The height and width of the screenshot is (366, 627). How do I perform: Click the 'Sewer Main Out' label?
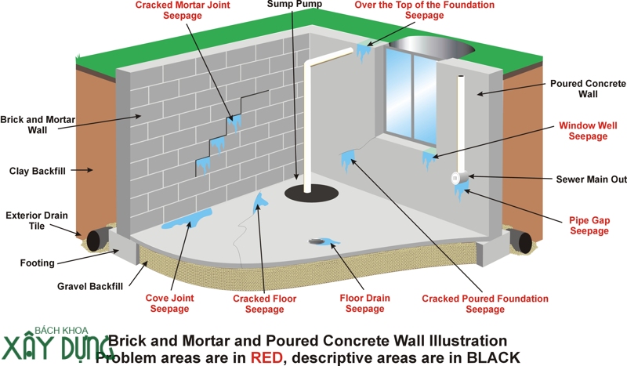click(591, 179)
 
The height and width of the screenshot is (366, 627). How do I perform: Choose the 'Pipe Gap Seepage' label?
click(589, 226)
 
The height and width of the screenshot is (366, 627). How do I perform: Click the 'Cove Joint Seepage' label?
click(169, 303)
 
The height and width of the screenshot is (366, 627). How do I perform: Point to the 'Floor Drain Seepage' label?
click(365, 303)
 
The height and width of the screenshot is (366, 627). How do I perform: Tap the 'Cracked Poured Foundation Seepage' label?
click(485, 304)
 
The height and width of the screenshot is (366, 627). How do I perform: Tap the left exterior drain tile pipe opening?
click(96, 239)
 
